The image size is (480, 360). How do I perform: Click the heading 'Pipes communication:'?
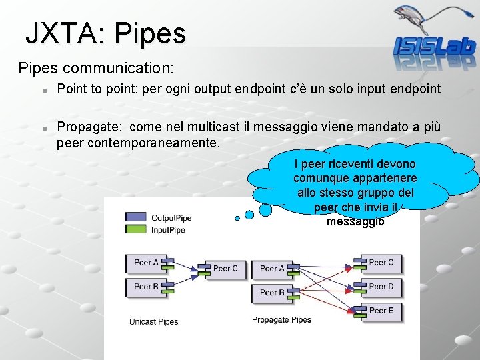click(96, 68)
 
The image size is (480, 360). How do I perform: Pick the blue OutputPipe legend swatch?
click(135, 217)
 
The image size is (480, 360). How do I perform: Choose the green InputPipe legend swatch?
click(135, 230)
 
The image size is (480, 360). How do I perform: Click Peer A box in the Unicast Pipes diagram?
click(146, 263)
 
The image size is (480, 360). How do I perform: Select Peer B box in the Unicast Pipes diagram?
click(146, 287)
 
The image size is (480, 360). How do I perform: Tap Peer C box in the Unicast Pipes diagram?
click(225, 269)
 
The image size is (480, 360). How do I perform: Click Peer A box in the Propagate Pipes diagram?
click(272, 269)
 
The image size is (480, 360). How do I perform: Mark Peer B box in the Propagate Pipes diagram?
click(272, 293)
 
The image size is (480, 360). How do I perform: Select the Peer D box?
click(381, 287)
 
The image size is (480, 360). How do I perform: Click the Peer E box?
click(381, 311)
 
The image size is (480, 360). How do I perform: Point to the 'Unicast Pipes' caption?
click(154, 322)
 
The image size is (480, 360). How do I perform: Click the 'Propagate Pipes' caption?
click(281, 320)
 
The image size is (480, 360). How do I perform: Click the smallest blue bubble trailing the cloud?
click(237, 218)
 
